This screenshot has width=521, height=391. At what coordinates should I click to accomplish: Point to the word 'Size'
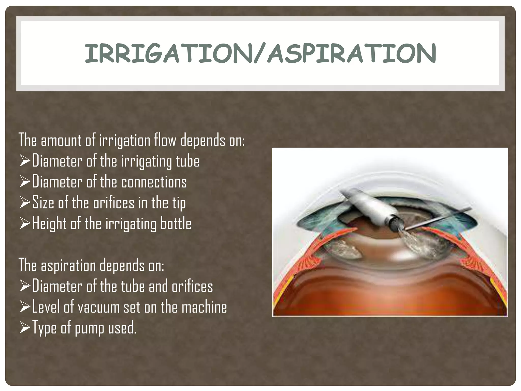tap(43, 203)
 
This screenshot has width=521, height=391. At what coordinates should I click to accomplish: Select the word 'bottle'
tap(176, 224)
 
